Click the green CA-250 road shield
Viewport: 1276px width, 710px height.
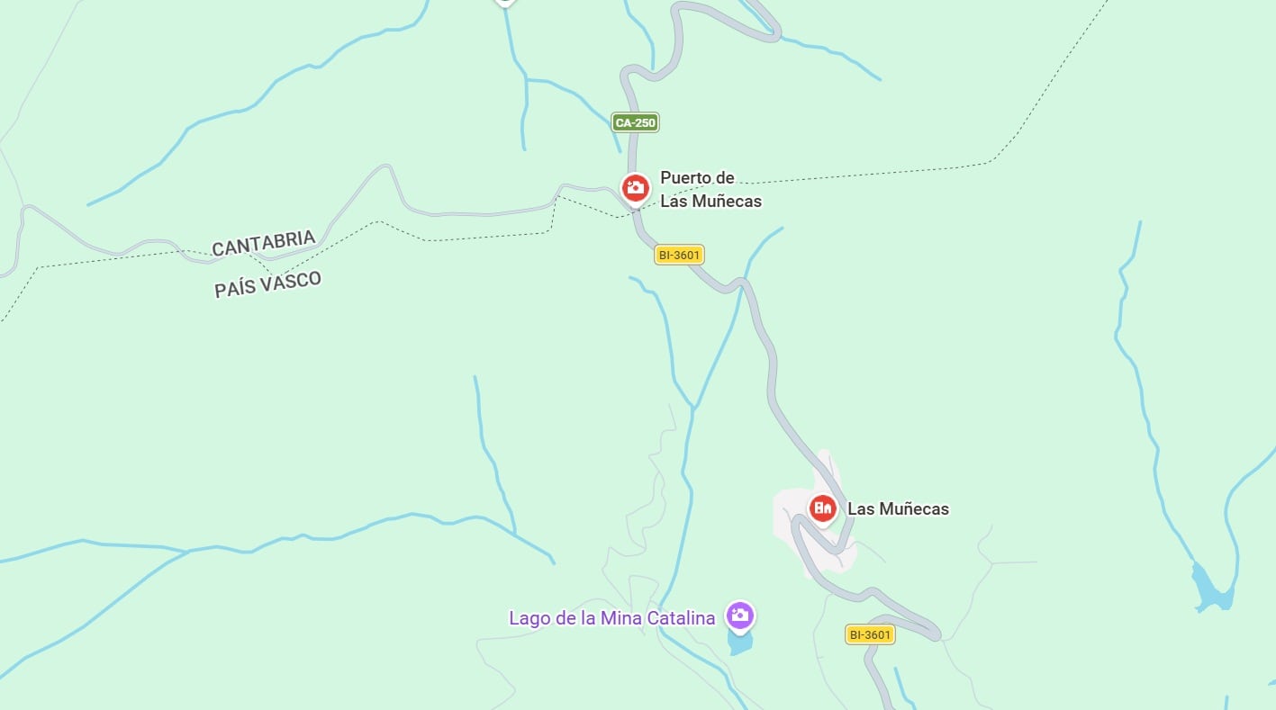pos(635,122)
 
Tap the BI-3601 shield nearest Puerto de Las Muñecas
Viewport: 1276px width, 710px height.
pos(679,256)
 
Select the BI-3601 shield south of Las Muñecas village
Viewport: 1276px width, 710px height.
pos(870,634)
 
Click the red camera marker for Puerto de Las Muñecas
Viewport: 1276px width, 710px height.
pos(636,188)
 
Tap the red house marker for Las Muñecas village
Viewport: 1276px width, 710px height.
pos(822,508)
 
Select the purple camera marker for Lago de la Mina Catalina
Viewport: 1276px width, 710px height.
pos(740,616)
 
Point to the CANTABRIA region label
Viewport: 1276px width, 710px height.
pos(264,243)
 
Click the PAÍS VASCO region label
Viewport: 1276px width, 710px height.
pos(267,284)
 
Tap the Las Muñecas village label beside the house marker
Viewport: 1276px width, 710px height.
pos(898,509)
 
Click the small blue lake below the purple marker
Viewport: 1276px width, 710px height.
pos(739,643)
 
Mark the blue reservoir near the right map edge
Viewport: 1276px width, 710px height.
pos(1210,589)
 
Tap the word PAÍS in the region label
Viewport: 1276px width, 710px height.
pos(233,289)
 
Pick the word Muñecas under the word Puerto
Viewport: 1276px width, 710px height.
pos(726,201)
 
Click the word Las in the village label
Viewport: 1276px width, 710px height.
pos(861,509)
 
